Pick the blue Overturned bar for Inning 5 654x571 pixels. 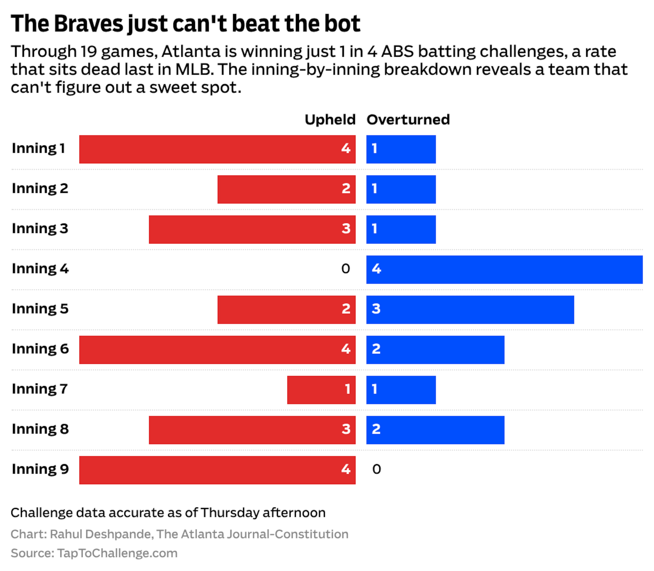click(470, 310)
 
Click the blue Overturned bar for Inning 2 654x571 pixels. click(401, 189)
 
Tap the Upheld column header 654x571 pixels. click(330, 120)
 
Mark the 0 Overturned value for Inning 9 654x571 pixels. click(376, 469)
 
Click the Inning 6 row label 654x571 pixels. click(40, 349)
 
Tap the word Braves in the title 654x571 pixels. click(88, 24)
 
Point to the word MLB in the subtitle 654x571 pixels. click(194, 70)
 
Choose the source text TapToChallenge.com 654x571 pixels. click(117, 553)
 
